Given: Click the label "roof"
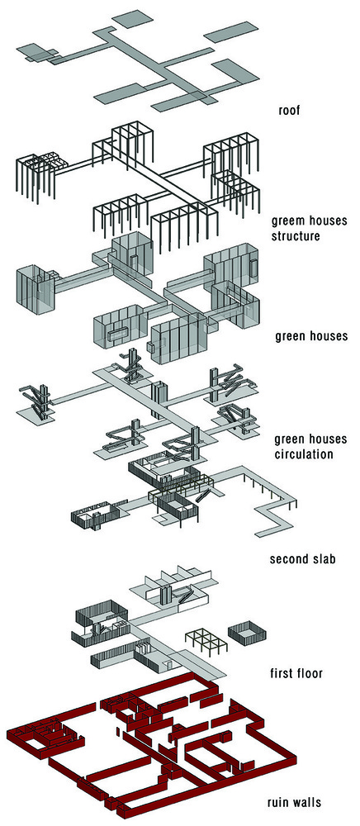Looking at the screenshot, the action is [x=290, y=112].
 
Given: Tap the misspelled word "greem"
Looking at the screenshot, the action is [x=286, y=221].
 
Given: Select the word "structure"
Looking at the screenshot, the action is [x=296, y=235].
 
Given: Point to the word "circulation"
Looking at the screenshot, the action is [x=304, y=453].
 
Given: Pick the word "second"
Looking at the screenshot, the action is [x=289, y=558].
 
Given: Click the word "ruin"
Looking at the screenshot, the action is [x=277, y=804].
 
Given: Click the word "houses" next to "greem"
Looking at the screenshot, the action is [x=325, y=221].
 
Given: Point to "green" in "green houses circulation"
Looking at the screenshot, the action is [x=290, y=439].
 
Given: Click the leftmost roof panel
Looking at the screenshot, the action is [x=36, y=52].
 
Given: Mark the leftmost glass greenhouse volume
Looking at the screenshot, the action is [x=36, y=290].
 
